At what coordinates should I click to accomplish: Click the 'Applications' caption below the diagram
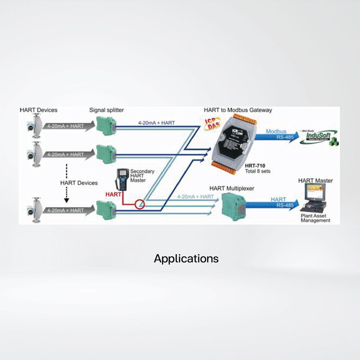[x=186, y=258]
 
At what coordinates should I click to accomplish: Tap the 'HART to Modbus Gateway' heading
[x=238, y=110]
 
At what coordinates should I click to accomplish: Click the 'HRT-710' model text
[x=255, y=166]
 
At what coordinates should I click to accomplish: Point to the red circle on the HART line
[x=139, y=205]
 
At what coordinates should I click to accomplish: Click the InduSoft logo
[x=319, y=136]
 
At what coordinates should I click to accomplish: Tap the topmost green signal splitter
[x=107, y=125]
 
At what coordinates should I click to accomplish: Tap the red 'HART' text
[x=113, y=194]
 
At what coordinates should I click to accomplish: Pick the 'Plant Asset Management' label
[x=315, y=218]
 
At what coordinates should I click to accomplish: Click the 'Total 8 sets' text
[x=257, y=171]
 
